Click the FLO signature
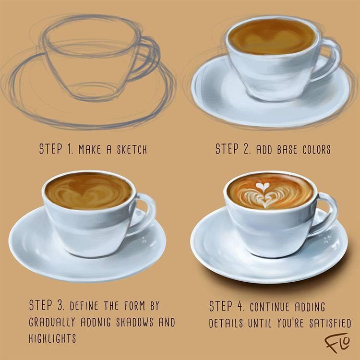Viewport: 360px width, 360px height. click(337, 342)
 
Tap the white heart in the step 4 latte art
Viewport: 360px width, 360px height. click(262, 186)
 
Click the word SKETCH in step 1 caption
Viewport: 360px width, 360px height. click(132, 149)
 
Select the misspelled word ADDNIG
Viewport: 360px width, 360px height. click(96, 322)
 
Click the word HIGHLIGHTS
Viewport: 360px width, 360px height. click(52, 338)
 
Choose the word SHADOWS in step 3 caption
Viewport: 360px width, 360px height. click(134, 322)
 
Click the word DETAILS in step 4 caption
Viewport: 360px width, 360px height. click(226, 323)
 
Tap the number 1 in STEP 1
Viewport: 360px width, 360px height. click(70, 149)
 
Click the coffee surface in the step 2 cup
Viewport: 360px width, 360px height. click(272, 37)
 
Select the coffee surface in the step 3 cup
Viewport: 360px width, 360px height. click(88, 191)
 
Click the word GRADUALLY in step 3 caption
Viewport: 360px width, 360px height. click(52, 322)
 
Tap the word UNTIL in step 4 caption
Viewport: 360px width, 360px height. click(260, 323)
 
